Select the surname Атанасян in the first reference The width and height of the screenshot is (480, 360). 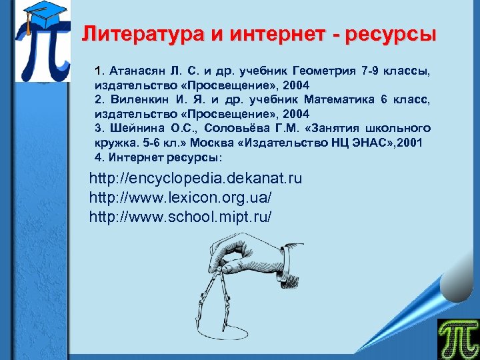(x=134, y=71)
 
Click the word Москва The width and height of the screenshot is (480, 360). (x=217, y=143)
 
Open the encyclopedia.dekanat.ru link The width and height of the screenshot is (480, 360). (x=195, y=179)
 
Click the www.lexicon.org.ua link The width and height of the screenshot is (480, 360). (x=181, y=197)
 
